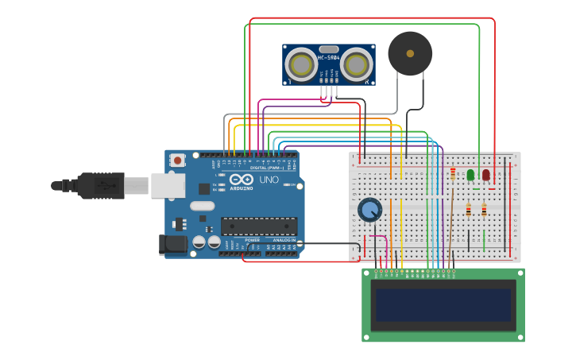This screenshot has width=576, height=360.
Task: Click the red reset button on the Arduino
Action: tap(177, 160)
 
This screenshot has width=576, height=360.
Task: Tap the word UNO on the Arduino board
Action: tap(269, 180)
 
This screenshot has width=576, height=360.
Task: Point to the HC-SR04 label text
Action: tap(329, 57)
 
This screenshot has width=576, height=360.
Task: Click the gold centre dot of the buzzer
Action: tap(410, 53)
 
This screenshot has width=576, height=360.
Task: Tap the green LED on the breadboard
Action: tap(470, 174)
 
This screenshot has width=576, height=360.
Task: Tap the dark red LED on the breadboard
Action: tap(486, 174)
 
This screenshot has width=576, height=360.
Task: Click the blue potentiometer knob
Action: tap(369, 210)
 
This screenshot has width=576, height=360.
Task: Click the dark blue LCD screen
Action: tap(443, 304)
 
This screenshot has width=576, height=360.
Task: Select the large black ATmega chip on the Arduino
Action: tap(259, 226)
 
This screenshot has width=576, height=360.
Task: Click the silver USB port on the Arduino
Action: tap(168, 184)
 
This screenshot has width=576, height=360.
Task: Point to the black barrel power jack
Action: tap(172, 244)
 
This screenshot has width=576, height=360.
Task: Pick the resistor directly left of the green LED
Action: tap(453, 173)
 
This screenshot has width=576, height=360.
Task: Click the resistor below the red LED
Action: tap(484, 210)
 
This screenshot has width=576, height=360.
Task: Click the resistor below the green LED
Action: tap(469, 210)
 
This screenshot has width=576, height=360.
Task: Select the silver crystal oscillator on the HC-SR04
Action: tap(328, 48)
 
